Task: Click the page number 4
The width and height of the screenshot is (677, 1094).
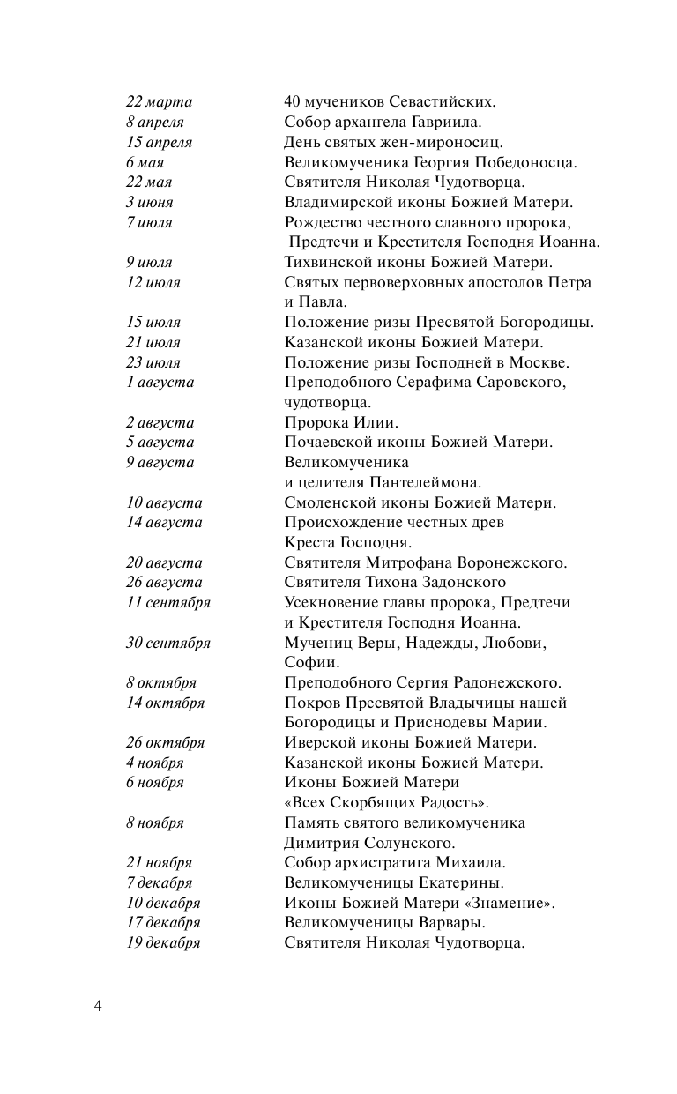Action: point(99,1006)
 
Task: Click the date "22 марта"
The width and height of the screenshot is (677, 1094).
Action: point(159,102)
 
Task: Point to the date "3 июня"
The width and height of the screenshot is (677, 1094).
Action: point(149,203)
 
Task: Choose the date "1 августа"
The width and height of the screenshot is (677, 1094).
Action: point(160,383)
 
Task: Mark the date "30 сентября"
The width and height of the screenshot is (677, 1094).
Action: point(167,643)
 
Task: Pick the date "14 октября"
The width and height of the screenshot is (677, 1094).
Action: point(165,703)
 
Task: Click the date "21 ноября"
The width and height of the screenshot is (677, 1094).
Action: point(159,863)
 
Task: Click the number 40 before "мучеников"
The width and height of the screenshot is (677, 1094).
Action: point(294,102)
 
